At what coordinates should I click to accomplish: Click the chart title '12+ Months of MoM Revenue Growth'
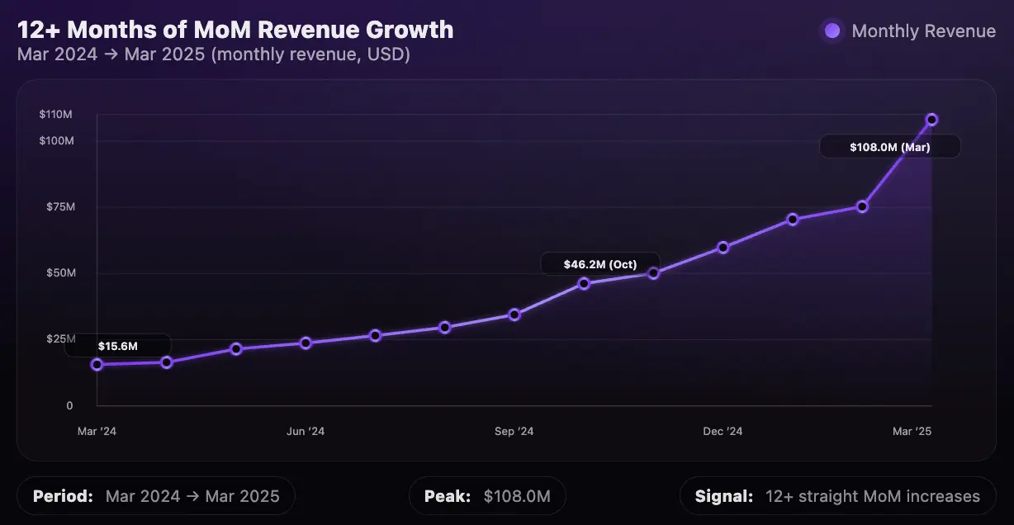235,30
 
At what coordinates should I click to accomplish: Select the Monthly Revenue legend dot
832,31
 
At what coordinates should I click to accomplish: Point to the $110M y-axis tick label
55,114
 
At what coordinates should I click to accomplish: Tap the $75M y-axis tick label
60,207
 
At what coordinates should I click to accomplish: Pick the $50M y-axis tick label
61,273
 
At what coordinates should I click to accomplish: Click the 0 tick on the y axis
69,405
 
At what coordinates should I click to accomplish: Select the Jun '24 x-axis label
306,432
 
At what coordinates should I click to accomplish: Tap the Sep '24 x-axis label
514,432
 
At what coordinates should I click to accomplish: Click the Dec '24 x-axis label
723,432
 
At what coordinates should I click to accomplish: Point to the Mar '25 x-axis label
912,432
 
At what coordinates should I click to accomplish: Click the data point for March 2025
931,120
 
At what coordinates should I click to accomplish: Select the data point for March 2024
97,364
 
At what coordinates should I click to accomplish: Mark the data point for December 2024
723,247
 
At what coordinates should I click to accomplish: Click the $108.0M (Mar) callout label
890,147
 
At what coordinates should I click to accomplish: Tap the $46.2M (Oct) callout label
600,264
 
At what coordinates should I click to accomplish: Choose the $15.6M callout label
118,346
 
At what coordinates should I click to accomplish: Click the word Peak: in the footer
448,496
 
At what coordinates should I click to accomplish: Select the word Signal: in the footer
724,496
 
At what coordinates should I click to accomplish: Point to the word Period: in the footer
63,496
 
